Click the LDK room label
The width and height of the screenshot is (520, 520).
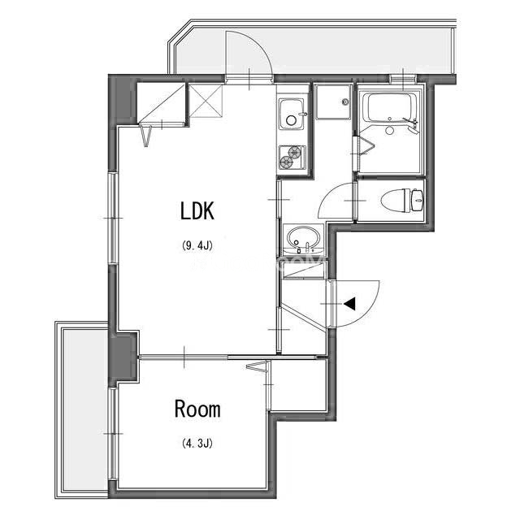pos(196,211)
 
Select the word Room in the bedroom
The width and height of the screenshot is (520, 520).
pos(197,409)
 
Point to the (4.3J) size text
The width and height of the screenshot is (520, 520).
pos(197,444)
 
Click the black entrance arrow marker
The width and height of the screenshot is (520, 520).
pos(350,304)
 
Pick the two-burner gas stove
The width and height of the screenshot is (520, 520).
pos(292,157)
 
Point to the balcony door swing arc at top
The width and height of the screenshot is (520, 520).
pos(250,53)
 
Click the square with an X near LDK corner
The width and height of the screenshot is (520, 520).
pos(206,102)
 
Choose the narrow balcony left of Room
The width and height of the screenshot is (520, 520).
pos(81,406)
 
